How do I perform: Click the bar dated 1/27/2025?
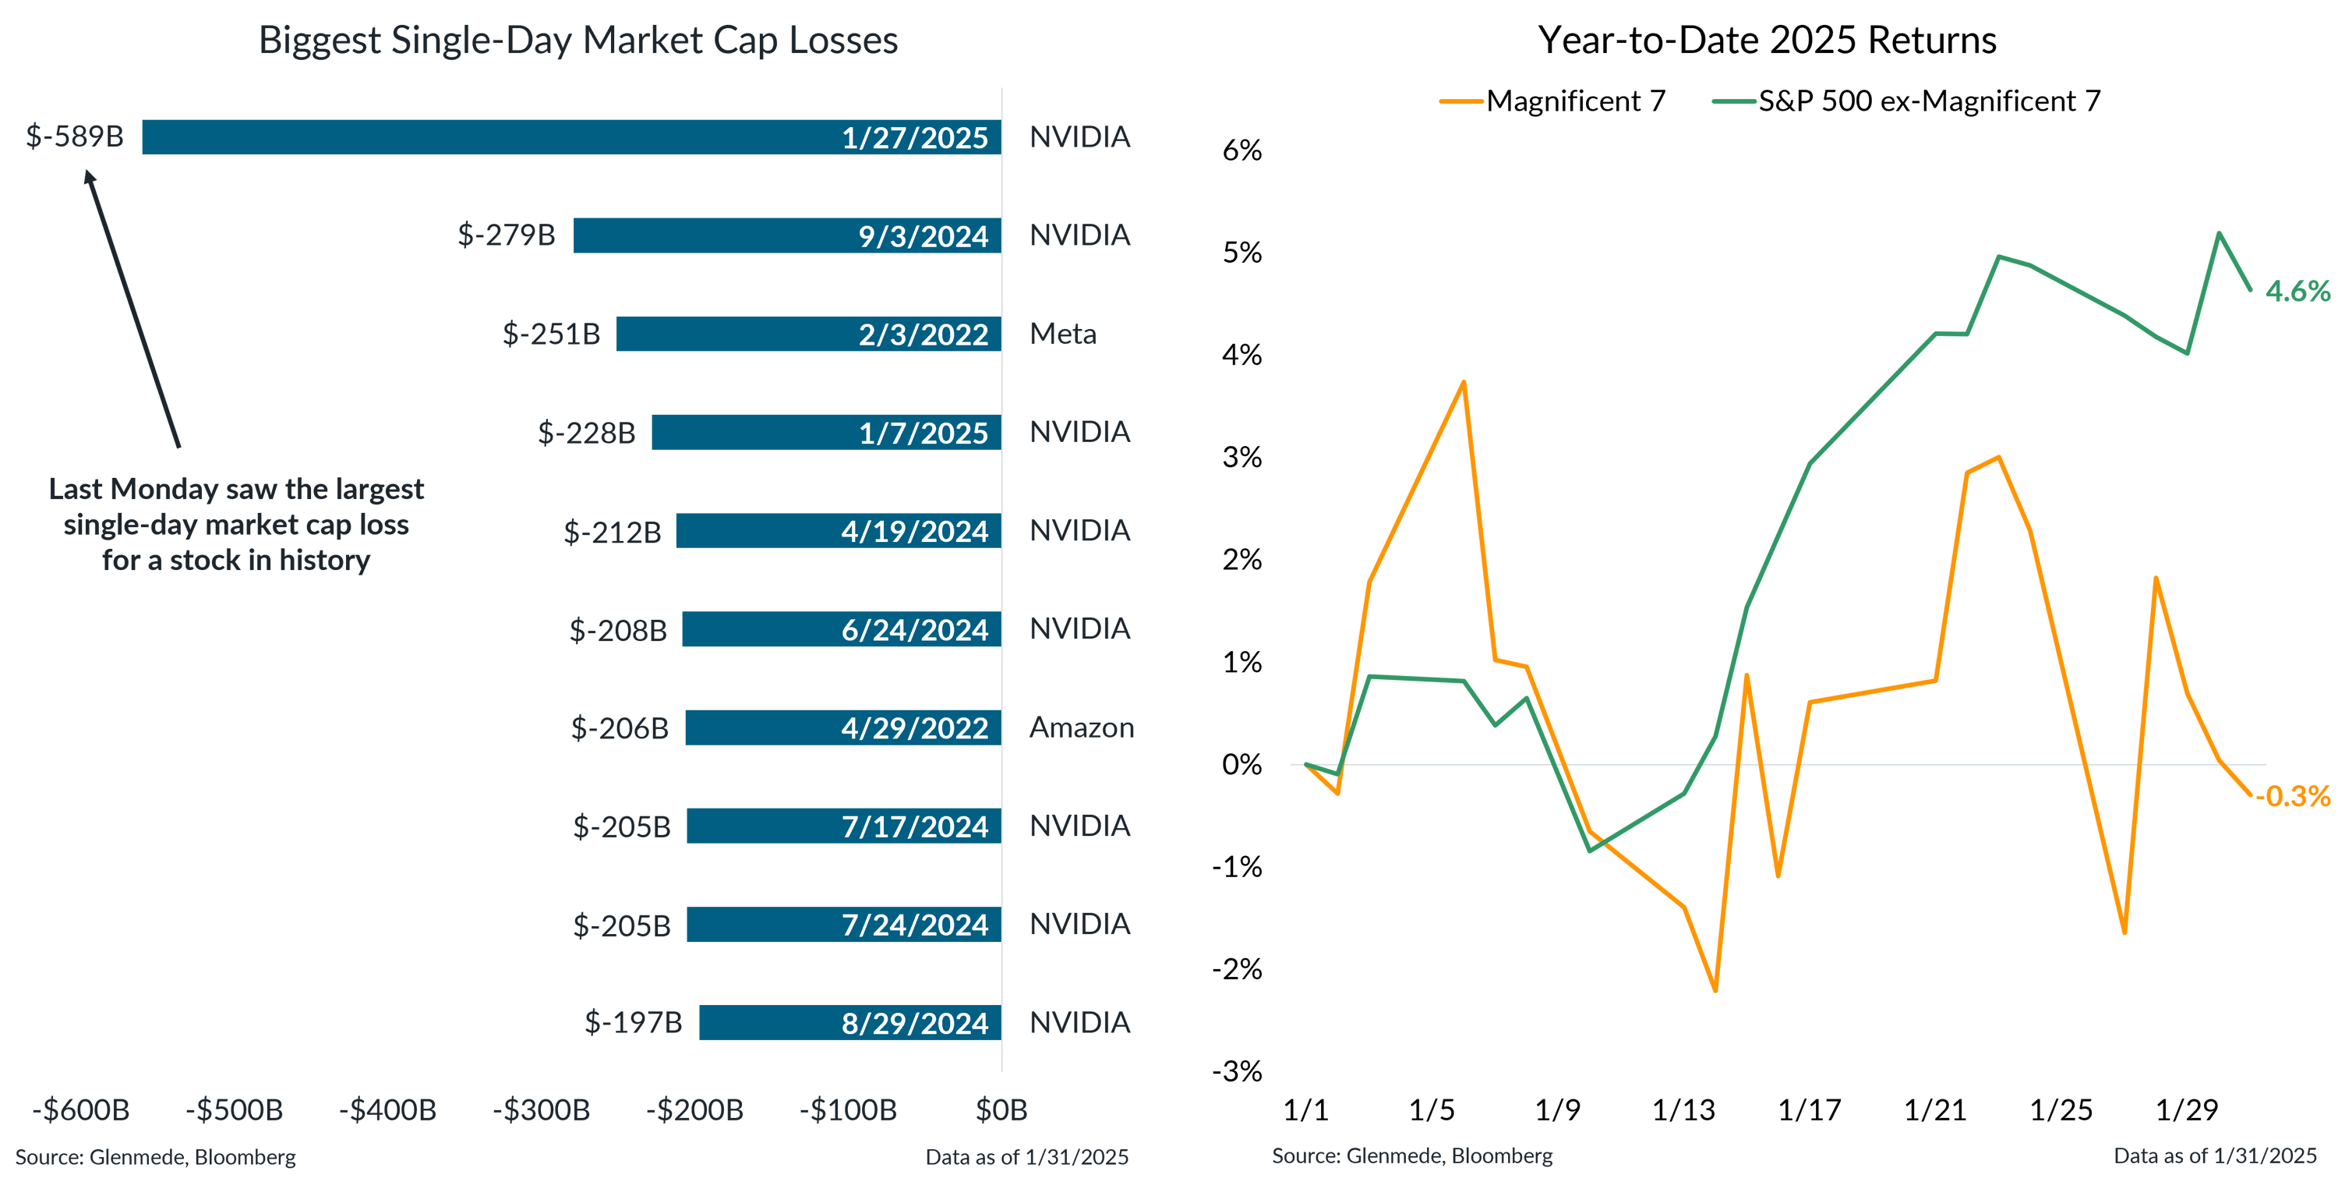click(x=572, y=137)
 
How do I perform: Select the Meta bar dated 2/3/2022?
click(x=807, y=334)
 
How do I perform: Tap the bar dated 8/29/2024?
click(x=849, y=1023)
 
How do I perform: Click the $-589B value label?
click(x=74, y=137)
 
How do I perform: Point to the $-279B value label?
click(x=507, y=235)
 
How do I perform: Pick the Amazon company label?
click(x=1081, y=728)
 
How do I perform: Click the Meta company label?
click(x=1063, y=334)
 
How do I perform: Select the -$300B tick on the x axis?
click(x=541, y=1109)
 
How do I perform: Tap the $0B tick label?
click(x=1001, y=1109)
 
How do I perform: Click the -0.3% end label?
click(x=2294, y=796)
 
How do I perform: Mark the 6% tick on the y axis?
click(x=1241, y=150)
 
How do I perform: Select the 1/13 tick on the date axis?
click(x=1683, y=1109)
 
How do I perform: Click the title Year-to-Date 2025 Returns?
click(x=1767, y=40)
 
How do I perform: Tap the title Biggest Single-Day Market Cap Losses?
click(x=578, y=40)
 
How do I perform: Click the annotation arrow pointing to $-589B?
click(x=133, y=309)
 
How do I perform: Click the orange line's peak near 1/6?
click(x=1463, y=382)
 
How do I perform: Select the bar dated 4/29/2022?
click(x=842, y=728)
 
